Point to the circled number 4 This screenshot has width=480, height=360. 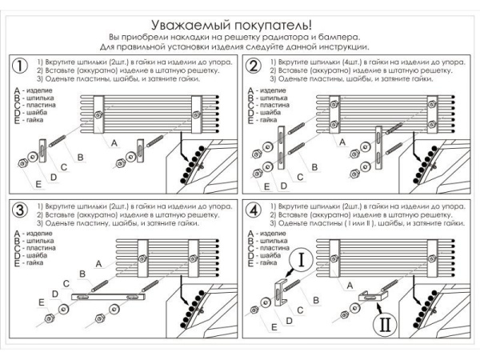pyautogui.click(x=254, y=211)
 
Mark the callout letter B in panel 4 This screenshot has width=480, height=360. pyautogui.click(x=317, y=298)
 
